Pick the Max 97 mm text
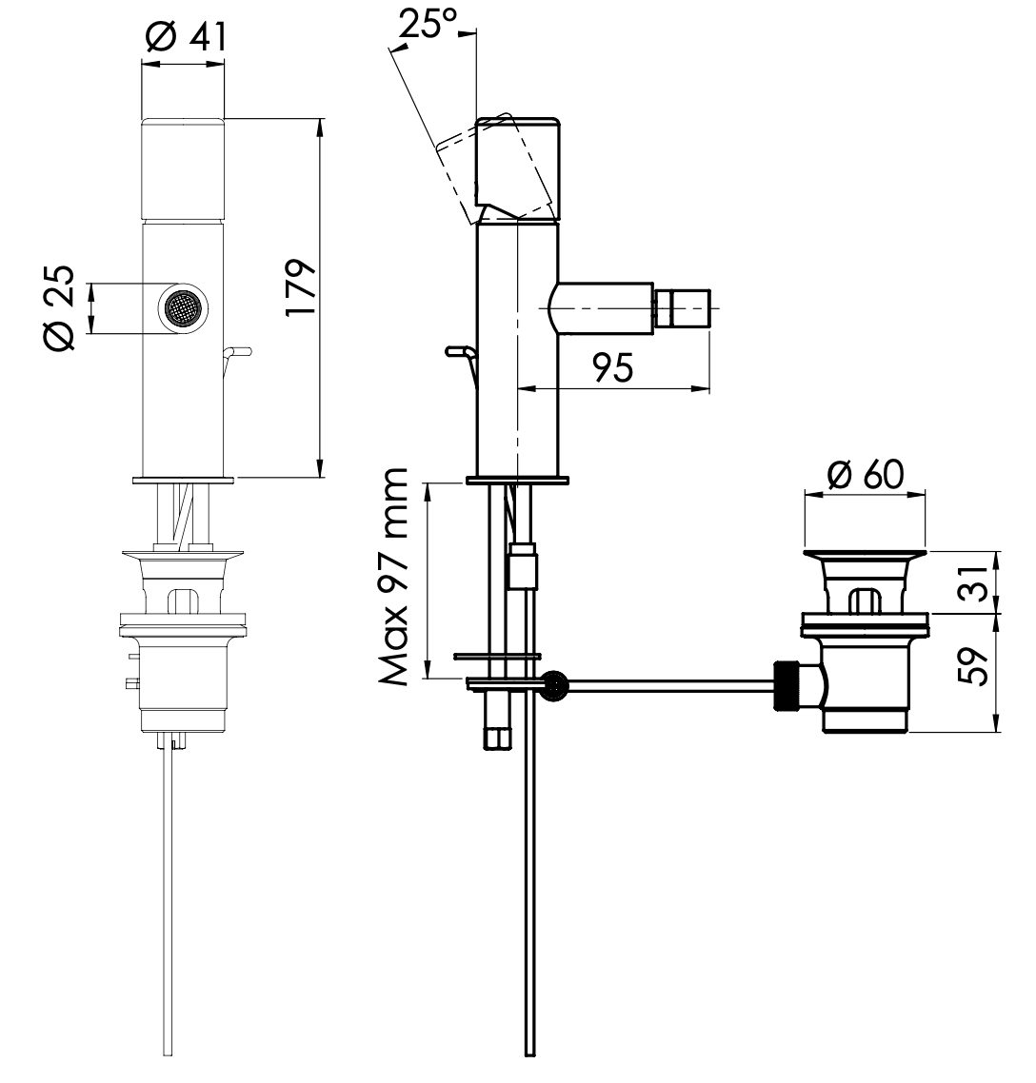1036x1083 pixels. (x=393, y=577)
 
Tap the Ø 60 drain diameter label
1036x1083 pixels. (x=866, y=473)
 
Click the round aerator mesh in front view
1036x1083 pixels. (x=181, y=308)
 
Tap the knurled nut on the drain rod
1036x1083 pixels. (x=787, y=683)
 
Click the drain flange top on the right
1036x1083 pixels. (x=865, y=554)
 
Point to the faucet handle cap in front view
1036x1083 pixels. (x=184, y=167)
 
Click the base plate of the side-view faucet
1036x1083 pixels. (x=517, y=480)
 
